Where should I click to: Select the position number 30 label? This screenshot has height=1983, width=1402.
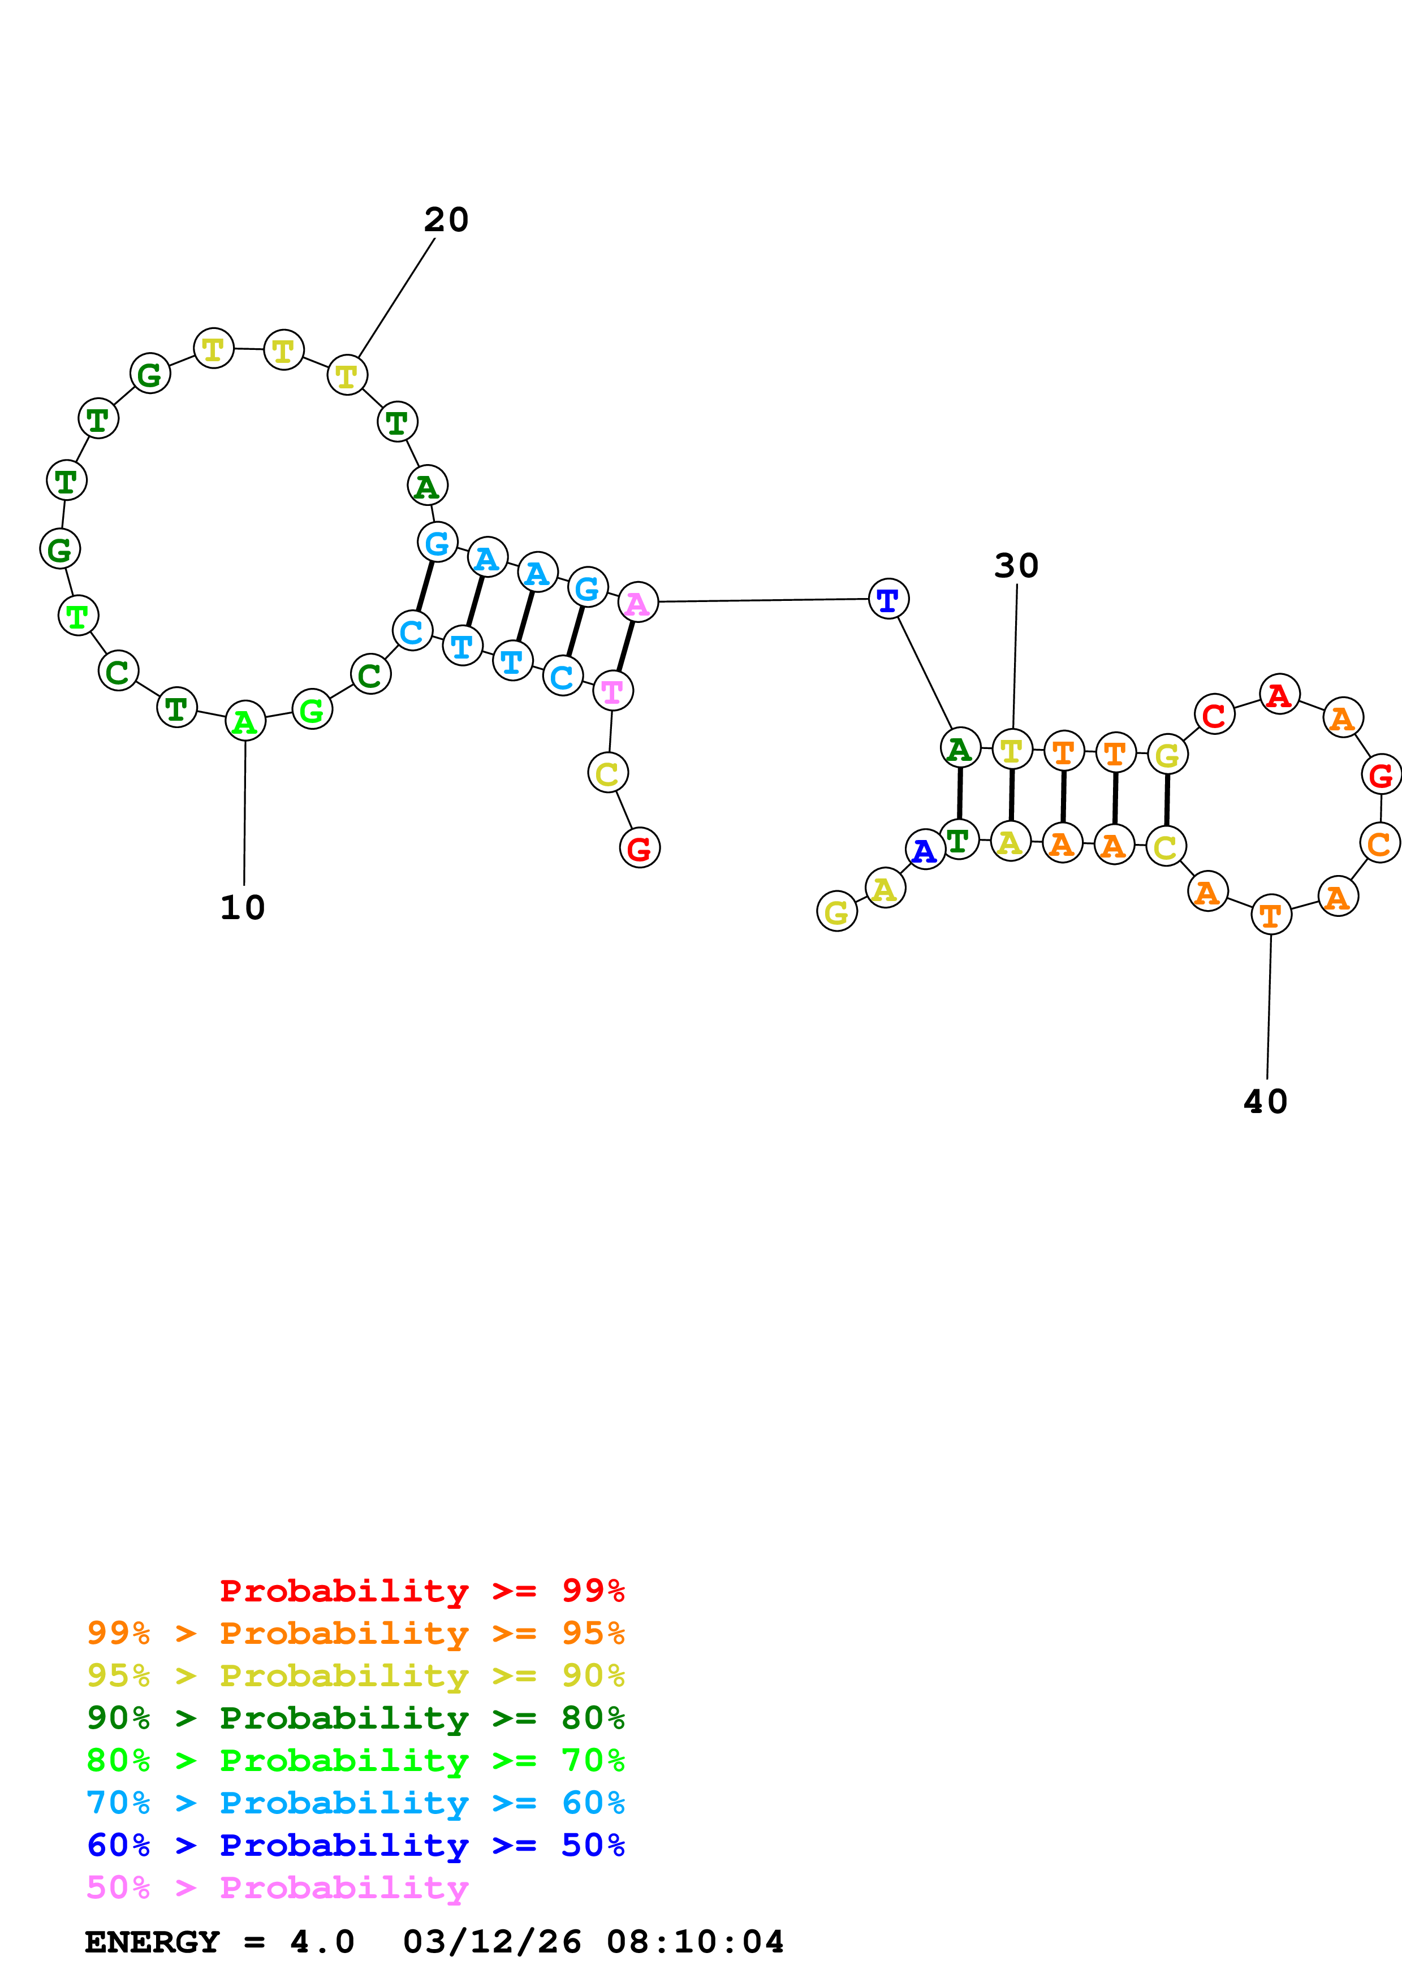click(x=1016, y=566)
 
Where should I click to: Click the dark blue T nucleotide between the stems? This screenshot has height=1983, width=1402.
click(x=888, y=599)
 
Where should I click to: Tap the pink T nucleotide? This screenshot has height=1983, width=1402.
click(x=613, y=690)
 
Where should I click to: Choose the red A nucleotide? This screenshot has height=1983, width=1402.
click(x=1279, y=694)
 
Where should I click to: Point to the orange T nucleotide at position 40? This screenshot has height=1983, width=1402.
click(x=1271, y=915)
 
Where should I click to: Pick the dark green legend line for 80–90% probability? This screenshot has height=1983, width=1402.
click(x=355, y=1718)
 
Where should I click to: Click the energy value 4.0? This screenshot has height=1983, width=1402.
click(x=322, y=1942)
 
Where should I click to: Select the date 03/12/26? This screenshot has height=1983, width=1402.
click(x=491, y=1942)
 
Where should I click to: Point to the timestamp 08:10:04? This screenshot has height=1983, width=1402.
click(x=694, y=1942)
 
